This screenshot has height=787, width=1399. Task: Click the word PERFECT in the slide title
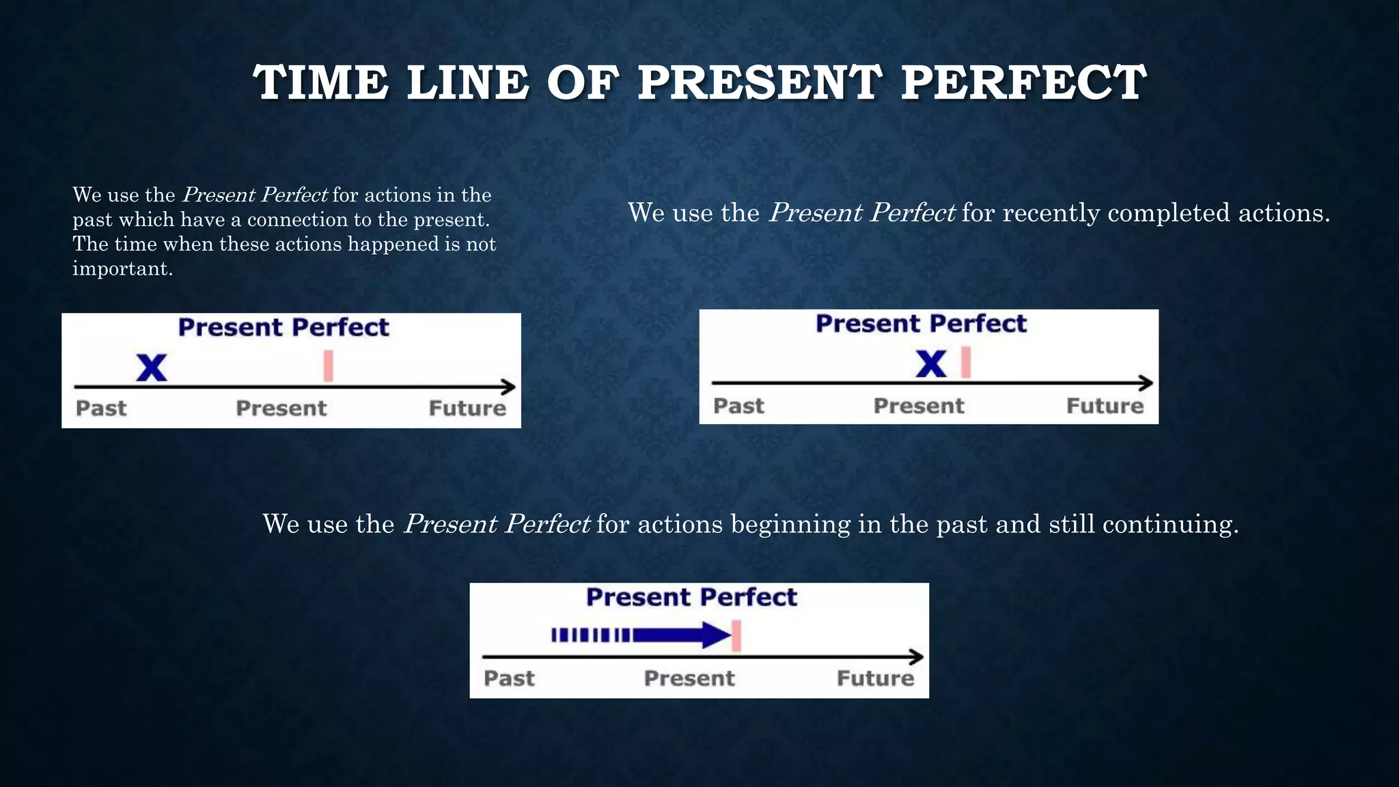(1023, 83)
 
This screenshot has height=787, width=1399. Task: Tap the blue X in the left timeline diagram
(152, 368)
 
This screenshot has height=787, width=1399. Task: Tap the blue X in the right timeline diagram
(931, 363)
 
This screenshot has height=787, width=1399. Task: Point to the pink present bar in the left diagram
(328, 365)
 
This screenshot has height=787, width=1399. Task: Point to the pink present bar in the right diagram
(965, 362)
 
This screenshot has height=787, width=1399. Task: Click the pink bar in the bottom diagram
(736, 636)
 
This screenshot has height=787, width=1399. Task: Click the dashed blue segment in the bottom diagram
(591, 635)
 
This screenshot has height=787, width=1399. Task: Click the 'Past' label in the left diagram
(101, 408)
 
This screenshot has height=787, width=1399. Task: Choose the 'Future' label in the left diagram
(467, 408)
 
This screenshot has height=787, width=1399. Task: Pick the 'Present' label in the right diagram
(919, 406)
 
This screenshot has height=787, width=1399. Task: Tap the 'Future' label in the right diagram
(1105, 406)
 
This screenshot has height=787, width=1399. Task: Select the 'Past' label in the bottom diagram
(509, 678)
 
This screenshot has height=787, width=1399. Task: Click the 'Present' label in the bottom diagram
(689, 678)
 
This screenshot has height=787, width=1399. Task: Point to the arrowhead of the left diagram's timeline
(509, 387)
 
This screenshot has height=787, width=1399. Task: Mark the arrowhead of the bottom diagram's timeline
(917, 657)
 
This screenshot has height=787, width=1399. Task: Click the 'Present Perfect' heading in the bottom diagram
(691, 597)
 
